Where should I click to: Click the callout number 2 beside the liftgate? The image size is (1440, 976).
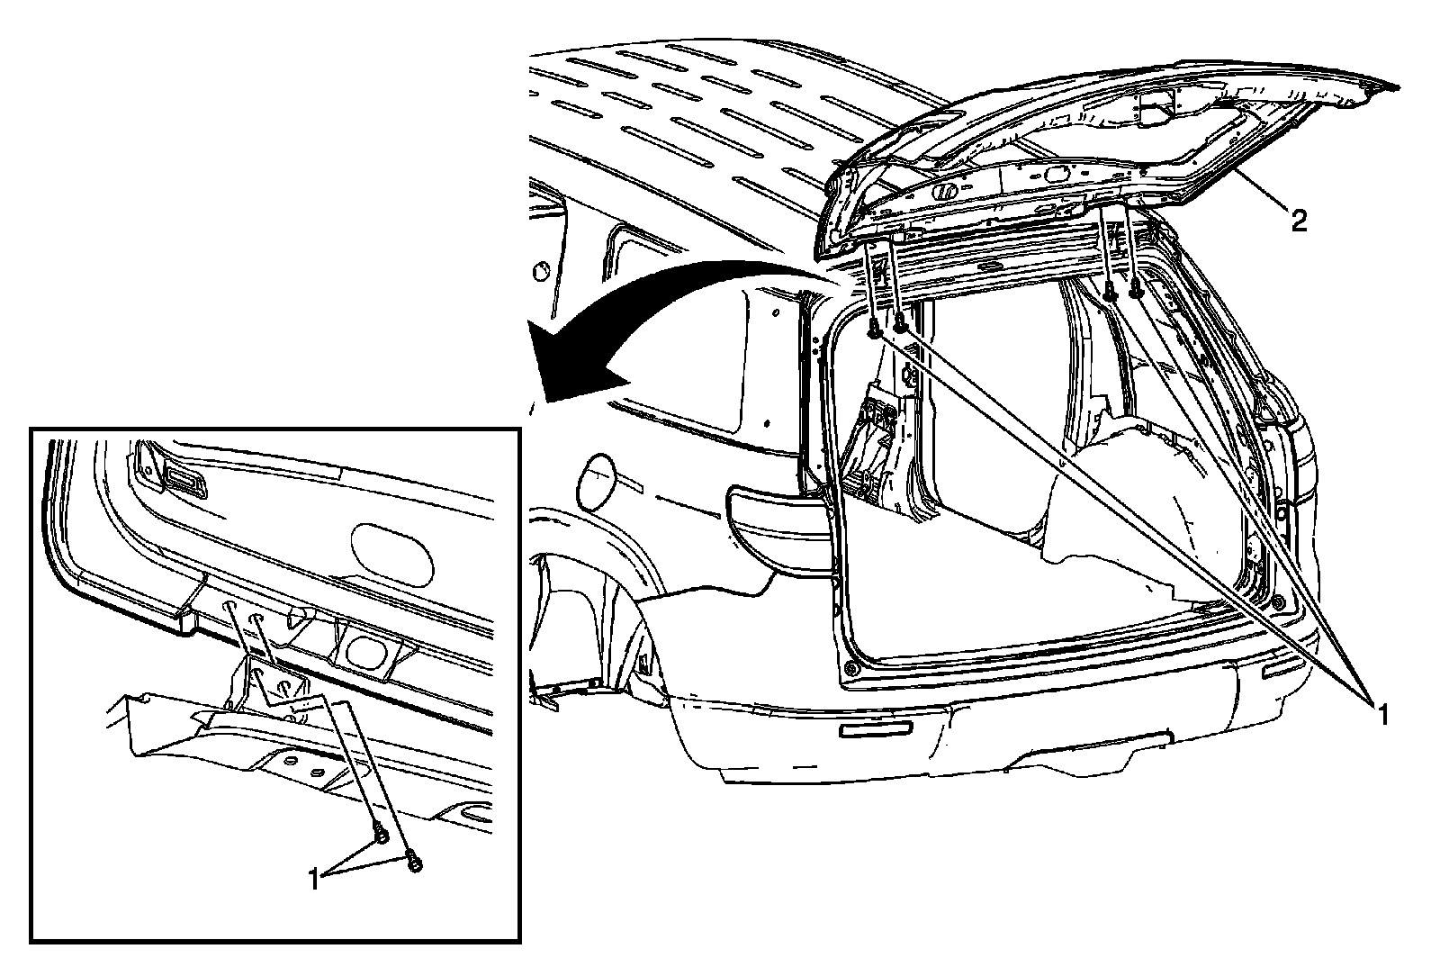(x=1299, y=221)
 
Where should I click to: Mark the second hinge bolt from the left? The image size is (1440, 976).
(x=899, y=321)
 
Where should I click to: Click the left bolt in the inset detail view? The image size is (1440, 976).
(x=382, y=836)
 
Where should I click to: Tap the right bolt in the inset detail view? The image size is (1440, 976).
(x=415, y=862)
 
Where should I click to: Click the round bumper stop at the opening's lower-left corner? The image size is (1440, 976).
(x=850, y=669)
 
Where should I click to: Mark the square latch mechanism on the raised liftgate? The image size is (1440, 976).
(x=1158, y=105)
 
